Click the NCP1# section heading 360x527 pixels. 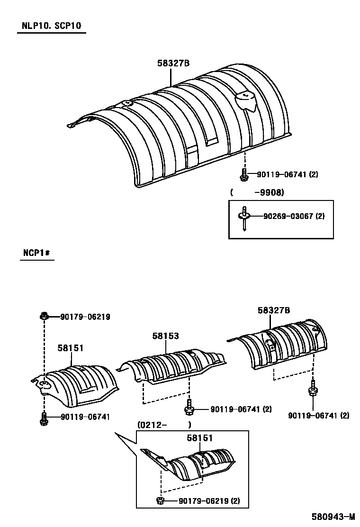coord(36,253)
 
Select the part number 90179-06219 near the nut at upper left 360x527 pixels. coord(85,317)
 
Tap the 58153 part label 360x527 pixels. coord(165,336)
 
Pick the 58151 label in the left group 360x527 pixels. coord(71,348)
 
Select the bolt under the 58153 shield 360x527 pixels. coord(189,406)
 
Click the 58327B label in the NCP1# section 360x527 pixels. coord(274,310)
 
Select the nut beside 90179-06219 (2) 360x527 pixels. coord(161,500)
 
